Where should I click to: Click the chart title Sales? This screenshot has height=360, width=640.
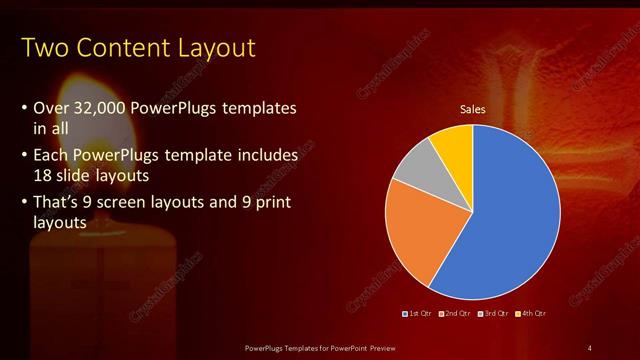coord(472,109)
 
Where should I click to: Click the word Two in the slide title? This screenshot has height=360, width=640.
coord(42,47)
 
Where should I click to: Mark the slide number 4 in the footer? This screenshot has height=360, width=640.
coord(590,347)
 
